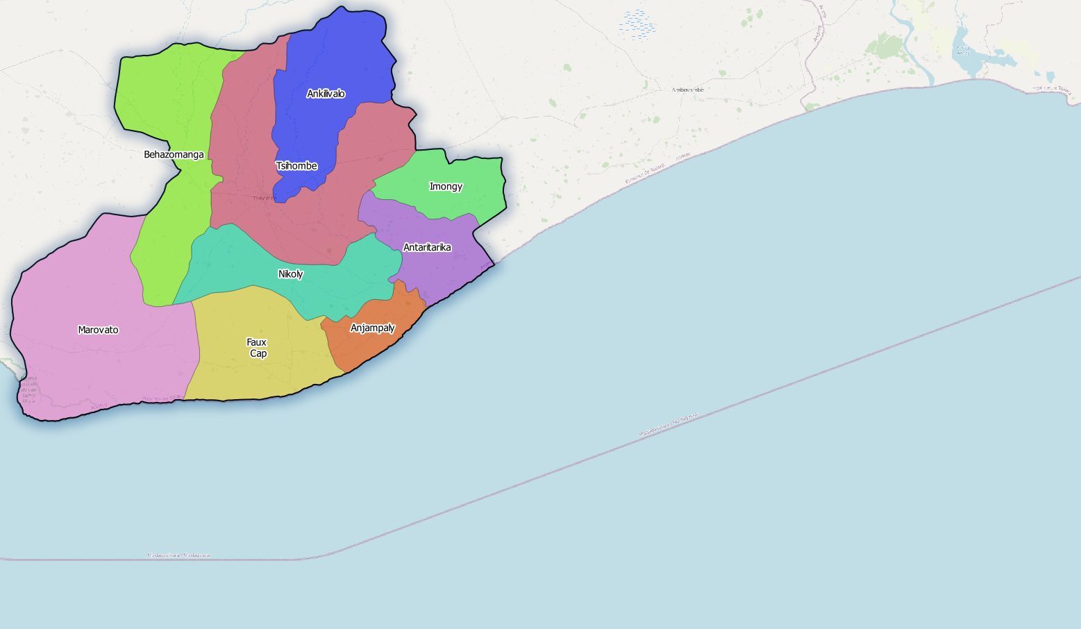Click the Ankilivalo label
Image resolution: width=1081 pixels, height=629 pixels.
pyautogui.click(x=326, y=94)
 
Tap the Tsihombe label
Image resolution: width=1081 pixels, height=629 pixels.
pyautogui.click(x=296, y=166)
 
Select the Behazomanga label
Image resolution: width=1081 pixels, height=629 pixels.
pyautogui.click(x=174, y=154)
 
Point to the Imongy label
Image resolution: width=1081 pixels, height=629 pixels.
pyautogui.click(x=446, y=186)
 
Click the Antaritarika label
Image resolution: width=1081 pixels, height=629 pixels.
pyautogui.click(x=427, y=247)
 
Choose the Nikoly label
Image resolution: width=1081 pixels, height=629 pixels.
pyautogui.click(x=291, y=274)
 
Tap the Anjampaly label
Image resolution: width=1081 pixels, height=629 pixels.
pyautogui.click(x=373, y=328)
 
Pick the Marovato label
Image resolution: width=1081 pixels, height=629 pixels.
pyautogui.click(x=98, y=330)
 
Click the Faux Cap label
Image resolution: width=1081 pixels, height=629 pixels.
pyautogui.click(x=258, y=348)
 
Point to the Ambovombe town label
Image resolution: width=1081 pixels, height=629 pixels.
pyautogui.click(x=687, y=90)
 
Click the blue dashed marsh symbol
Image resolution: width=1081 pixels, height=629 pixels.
pyautogui.click(x=637, y=23)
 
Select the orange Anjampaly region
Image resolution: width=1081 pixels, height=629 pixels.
pyautogui.click(x=368, y=347)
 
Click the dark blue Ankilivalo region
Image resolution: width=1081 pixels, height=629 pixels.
pyautogui.click(x=333, y=56)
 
